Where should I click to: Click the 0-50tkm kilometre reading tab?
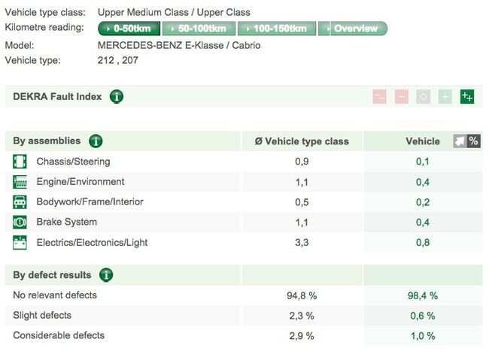pos(130,29)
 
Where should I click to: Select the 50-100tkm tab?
pos(199,29)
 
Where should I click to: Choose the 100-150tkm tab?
pos(277,29)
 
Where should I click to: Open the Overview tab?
pos(354,29)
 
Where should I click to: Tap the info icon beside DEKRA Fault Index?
pos(117,97)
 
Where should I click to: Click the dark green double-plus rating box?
pos(467,97)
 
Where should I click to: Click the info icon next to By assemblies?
pos(96,141)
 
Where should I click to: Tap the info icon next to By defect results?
pos(107,275)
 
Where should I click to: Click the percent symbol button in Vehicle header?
pos(473,141)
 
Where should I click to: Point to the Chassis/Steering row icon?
pos(20,162)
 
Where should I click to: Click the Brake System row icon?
pos(20,222)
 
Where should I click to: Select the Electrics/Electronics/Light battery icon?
pos(20,243)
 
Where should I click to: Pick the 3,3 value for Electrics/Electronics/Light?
pos(302,243)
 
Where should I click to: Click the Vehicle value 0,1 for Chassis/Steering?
pos(423,162)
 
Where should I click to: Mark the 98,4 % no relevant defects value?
pos(422,296)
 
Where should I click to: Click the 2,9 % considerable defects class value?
pos(301,336)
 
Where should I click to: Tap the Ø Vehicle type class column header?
pos(302,141)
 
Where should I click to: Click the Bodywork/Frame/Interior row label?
pos(90,202)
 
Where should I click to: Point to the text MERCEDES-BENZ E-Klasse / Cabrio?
pos(179,45)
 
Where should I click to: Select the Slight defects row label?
pos(42,316)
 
